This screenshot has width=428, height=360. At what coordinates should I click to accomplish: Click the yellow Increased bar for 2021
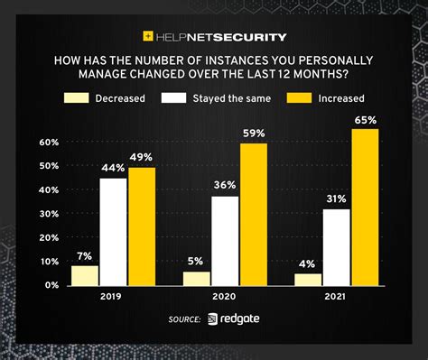coord(365,208)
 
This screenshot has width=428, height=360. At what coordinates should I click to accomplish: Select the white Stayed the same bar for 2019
coord(113,232)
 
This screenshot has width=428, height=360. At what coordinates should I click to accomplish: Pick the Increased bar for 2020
coord(254,214)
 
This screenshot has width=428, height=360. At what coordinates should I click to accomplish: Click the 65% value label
coord(366,120)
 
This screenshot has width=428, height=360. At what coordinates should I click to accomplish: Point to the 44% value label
coord(113,169)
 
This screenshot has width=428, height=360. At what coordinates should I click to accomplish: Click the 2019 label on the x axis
coord(114,297)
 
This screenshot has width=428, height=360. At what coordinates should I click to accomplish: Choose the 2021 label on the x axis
coord(338,297)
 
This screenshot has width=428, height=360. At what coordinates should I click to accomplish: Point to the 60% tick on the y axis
coord(50,143)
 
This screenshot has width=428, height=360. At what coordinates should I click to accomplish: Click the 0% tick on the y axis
coord(52,284)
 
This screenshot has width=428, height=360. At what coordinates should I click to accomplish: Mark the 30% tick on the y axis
coord(50,214)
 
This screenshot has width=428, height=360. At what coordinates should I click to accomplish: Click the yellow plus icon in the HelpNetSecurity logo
coord(148,37)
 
